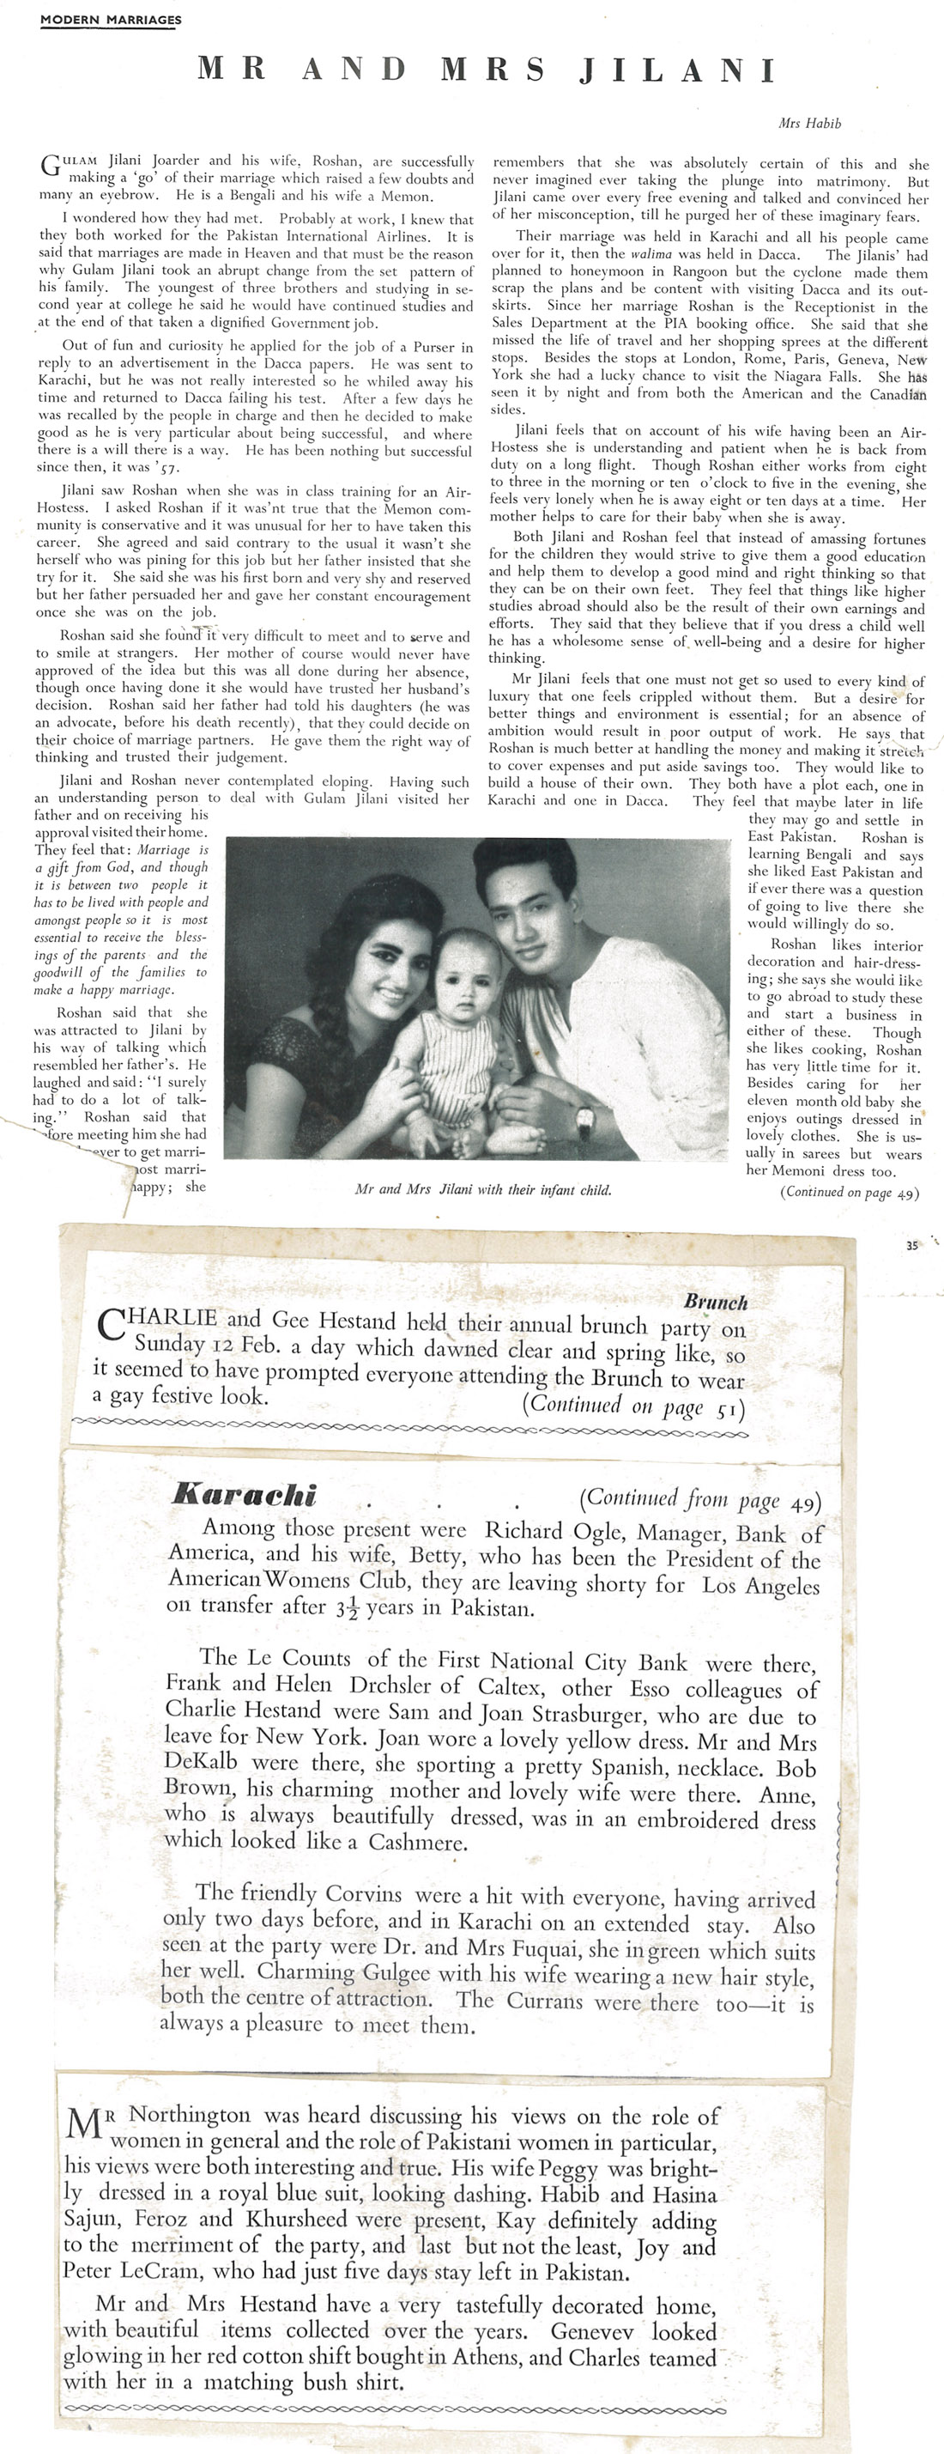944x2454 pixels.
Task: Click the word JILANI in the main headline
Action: point(677,70)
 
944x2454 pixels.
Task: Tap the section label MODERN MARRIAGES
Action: point(111,19)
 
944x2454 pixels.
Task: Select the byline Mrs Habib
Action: point(809,123)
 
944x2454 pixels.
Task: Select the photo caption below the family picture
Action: point(482,1190)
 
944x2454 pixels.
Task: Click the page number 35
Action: point(911,1245)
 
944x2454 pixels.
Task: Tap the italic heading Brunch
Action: point(716,1303)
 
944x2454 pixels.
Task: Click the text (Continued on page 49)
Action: point(850,1192)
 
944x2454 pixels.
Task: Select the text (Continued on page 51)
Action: point(633,1406)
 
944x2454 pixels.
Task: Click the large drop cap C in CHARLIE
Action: point(112,1326)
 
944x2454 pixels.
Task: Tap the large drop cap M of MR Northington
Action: point(84,2123)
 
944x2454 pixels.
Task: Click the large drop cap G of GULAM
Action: point(51,167)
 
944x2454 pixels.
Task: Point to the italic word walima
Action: point(644,254)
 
